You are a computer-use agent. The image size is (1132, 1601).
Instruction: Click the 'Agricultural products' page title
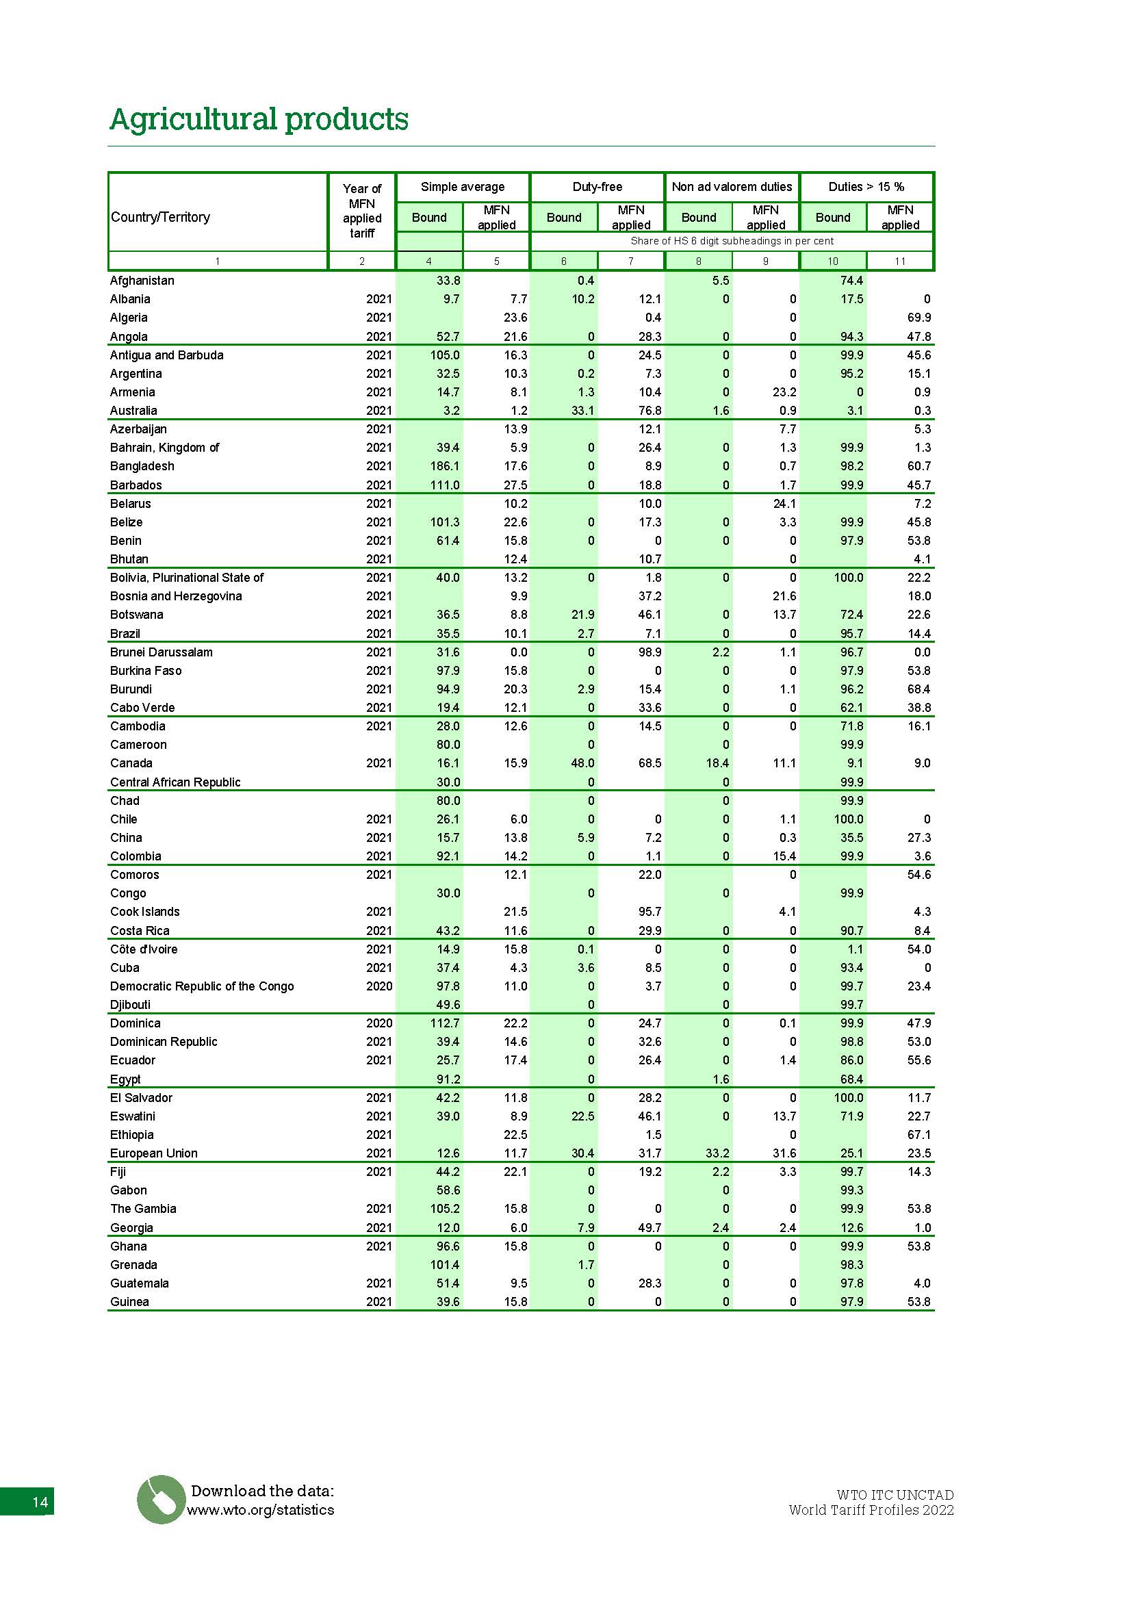[259, 119]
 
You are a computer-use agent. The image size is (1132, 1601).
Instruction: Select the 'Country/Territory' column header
[160, 217]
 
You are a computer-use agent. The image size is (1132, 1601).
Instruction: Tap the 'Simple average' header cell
[462, 187]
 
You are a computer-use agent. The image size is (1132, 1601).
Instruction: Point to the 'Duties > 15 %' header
[866, 187]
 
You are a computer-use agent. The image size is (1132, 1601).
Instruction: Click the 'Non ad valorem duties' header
[731, 187]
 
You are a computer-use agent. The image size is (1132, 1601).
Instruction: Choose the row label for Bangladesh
[142, 466]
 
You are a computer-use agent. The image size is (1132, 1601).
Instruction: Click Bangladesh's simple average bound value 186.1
[445, 466]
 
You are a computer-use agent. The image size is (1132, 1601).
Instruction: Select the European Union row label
[154, 1153]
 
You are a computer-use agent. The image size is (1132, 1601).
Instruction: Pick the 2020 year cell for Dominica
[379, 1023]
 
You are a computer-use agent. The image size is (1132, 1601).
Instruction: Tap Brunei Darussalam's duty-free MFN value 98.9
[649, 652]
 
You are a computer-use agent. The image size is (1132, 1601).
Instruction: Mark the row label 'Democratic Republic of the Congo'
[202, 986]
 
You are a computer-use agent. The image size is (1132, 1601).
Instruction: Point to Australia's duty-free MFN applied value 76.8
[649, 411]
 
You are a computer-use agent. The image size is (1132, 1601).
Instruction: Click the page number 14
[40, 1502]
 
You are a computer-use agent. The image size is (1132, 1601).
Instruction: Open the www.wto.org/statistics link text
[261, 1510]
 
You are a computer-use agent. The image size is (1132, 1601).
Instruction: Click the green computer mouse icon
[161, 1499]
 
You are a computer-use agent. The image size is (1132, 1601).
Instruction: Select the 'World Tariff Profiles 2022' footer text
[871, 1510]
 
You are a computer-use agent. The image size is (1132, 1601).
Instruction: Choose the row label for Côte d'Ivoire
[144, 949]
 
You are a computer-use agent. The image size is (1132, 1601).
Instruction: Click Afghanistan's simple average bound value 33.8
[448, 281]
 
